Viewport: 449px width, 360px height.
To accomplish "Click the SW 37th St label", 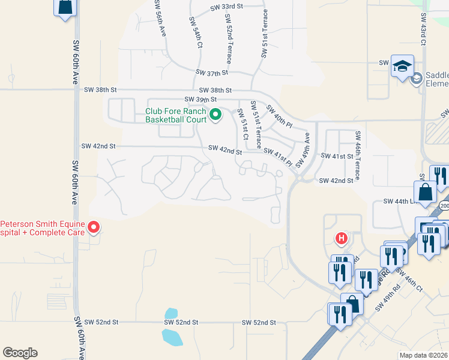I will pyautogui.click(x=212, y=73).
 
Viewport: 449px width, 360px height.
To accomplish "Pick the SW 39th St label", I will pyautogui.click(x=200, y=99).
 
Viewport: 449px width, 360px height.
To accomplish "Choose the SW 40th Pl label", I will pyautogui.click(x=279, y=118).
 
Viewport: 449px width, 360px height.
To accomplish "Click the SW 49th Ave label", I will pyautogui.click(x=306, y=146).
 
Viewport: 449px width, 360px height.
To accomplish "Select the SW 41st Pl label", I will pyautogui.click(x=277, y=158).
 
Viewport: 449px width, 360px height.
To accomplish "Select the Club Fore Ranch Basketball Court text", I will pyautogui.click(x=175, y=115).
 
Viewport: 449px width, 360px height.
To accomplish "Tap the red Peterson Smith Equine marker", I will pyautogui.click(x=94, y=227).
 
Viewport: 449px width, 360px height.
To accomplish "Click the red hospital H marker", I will pyautogui.click(x=342, y=239).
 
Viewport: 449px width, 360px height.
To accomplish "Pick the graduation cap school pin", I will pyautogui.click(x=402, y=65).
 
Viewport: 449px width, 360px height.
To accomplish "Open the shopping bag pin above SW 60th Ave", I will pyautogui.click(x=65, y=7).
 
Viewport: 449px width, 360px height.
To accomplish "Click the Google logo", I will pyautogui.click(x=20, y=353).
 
